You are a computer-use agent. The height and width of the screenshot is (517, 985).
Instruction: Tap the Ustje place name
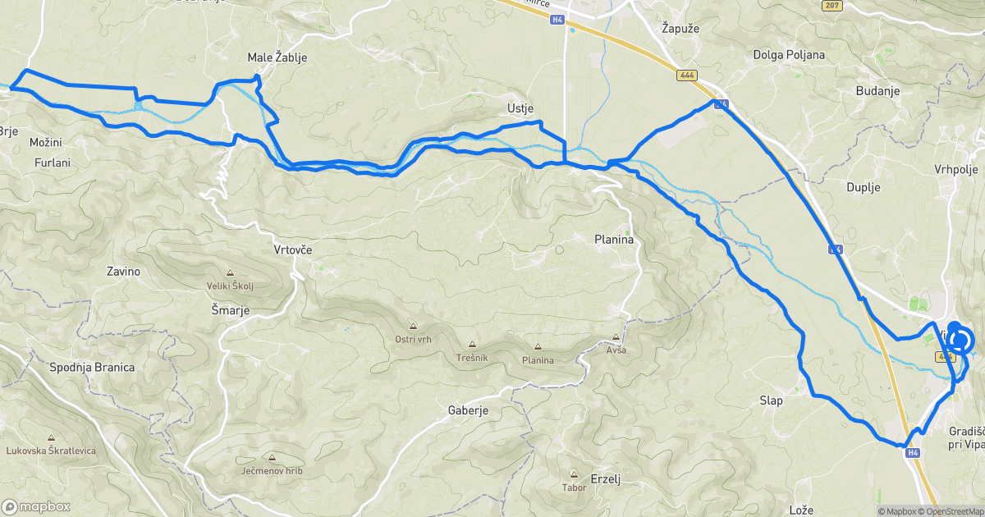pos(521,108)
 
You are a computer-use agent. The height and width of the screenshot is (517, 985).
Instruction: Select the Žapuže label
pos(680,28)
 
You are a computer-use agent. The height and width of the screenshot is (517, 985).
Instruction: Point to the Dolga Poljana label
pos(789,55)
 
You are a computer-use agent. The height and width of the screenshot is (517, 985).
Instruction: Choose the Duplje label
pos(863,187)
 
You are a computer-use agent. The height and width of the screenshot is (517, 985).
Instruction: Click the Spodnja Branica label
pos(92,367)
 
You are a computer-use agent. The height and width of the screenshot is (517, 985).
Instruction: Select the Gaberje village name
pos(469,410)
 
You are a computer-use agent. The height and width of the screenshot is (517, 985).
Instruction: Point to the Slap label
pos(771,400)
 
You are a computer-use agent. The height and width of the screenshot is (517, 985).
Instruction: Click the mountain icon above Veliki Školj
pos(230,274)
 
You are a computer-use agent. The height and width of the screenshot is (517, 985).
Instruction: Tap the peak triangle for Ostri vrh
pos(413,327)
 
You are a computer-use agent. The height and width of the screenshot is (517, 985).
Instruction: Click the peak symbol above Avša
pos(616,337)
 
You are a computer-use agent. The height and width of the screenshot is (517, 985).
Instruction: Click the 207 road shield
pos(832,5)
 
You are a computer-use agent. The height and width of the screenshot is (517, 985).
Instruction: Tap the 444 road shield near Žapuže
pos(687,75)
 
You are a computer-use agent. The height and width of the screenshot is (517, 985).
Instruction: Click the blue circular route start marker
pos(960,340)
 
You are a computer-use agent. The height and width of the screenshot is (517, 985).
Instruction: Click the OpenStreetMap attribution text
pos(951,511)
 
